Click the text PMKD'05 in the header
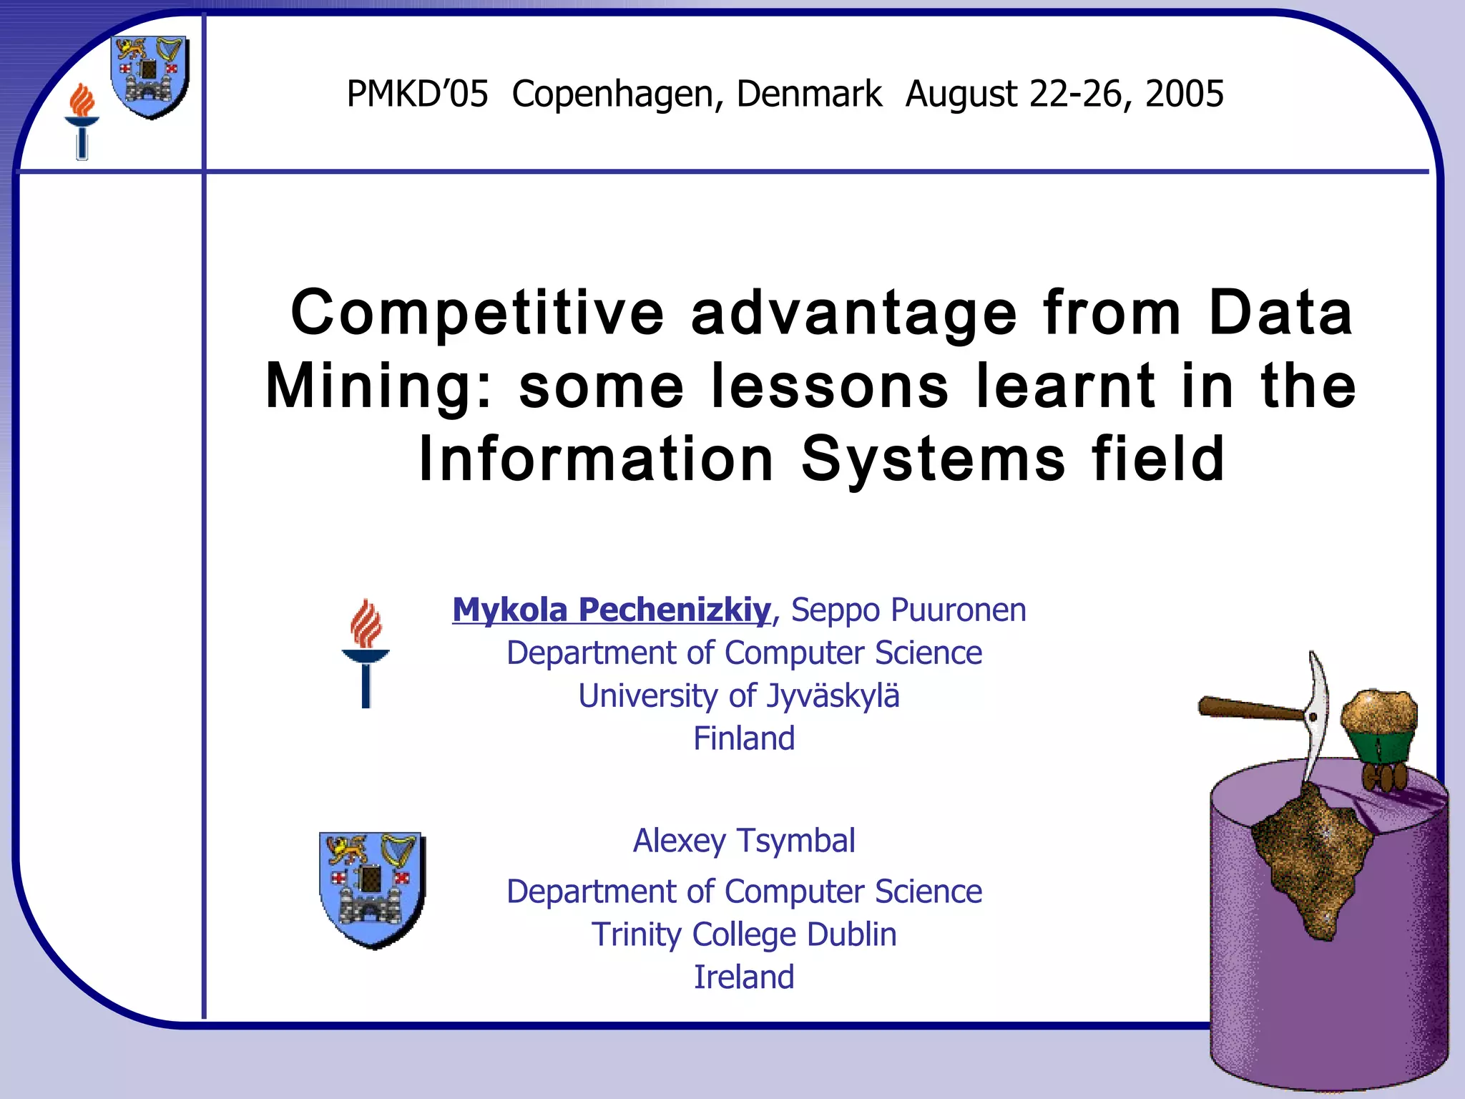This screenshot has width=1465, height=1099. pyautogui.click(x=417, y=94)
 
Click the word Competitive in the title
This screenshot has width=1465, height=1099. pyautogui.click(x=478, y=313)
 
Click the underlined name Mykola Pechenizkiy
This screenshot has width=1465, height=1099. pyautogui.click(x=612, y=610)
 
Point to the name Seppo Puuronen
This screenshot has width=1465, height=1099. pyautogui.click(x=908, y=610)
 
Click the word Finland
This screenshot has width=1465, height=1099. pyautogui.click(x=744, y=738)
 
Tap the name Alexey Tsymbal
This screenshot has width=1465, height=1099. pyautogui.click(x=744, y=841)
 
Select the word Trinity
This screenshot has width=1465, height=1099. pyautogui.click(x=634, y=934)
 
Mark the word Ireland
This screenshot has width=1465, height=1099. pyautogui.click(x=744, y=977)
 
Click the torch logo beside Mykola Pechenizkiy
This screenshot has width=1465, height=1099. pyautogui.click(x=366, y=653)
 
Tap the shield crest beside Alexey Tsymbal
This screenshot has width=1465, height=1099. pyautogui.click(x=372, y=889)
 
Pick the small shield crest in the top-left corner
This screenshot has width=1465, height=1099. pyautogui.click(x=150, y=76)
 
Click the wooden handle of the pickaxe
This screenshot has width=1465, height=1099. pyautogui.click(x=1248, y=710)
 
